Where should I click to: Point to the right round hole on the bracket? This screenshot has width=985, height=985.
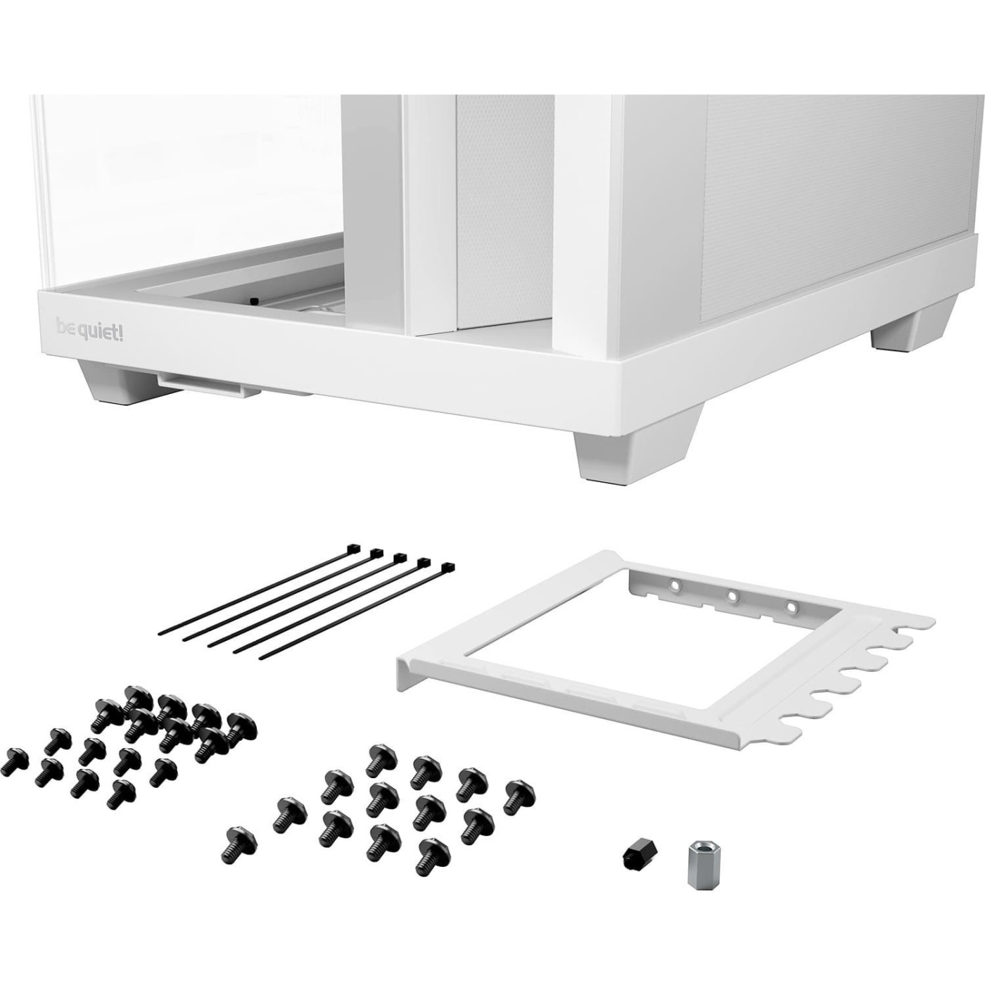(x=790, y=606)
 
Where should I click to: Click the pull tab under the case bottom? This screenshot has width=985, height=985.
(x=200, y=386)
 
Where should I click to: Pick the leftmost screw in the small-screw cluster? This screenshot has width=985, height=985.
(x=13, y=761)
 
